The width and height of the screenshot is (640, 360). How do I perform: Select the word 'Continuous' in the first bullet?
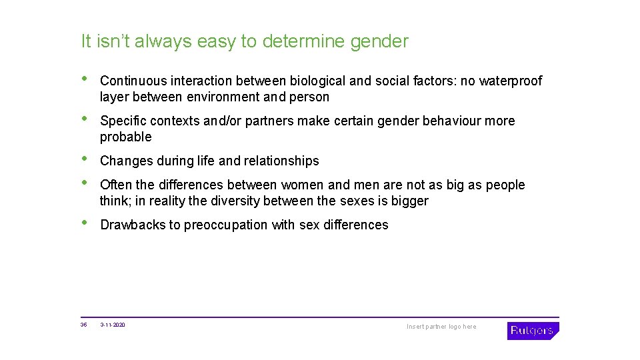pyautogui.click(x=133, y=81)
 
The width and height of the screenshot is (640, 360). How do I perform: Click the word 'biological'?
pyautogui.click(x=317, y=81)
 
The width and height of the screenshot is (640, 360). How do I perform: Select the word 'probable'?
pyautogui.click(x=125, y=137)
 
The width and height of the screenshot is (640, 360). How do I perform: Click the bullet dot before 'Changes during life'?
pyautogui.click(x=84, y=159)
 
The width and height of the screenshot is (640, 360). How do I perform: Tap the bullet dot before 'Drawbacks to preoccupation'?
pyautogui.click(x=84, y=223)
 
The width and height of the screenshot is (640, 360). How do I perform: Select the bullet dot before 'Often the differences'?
pyautogui.click(x=84, y=183)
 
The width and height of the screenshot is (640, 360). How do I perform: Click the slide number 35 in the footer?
pyautogui.click(x=83, y=325)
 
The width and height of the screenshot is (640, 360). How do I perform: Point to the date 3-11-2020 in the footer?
pyautogui.click(x=113, y=325)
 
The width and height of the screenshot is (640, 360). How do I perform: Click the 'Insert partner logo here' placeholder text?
pyautogui.click(x=441, y=327)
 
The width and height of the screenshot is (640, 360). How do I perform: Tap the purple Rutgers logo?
pyautogui.click(x=532, y=331)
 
